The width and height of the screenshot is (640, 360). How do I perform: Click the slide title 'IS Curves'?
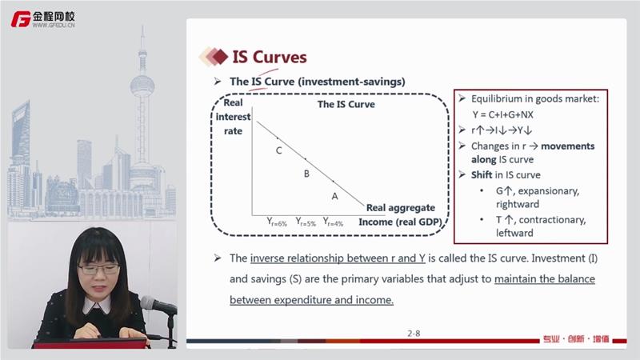[x=270, y=57]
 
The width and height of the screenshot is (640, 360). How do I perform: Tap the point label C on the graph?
[x=278, y=150]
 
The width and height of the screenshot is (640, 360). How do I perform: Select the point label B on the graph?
[x=306, y=174]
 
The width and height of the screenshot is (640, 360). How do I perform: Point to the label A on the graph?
[x=334, y=196]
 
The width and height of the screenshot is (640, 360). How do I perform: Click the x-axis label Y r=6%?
[x=277, y=222]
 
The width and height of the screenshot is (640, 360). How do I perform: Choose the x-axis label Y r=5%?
[x=306, y=222]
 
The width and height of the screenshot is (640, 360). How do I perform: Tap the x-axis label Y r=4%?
[x=333, y=222]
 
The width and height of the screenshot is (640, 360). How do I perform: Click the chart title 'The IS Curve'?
[x=346, y=105]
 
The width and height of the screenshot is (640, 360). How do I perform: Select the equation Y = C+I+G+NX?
[x=503, y=114]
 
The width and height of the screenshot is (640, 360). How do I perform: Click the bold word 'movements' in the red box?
[x=568, y=146]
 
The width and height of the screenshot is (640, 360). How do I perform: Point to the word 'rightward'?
[x=518, y=204]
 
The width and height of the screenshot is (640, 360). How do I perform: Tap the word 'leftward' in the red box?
[x=514, y=233]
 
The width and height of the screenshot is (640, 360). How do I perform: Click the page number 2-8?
[x=414, y=334]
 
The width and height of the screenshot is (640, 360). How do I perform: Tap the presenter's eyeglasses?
[x=98, y=269]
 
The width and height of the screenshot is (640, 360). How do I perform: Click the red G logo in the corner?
[x=21, y=19]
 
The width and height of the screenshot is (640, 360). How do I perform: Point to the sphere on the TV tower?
[x=142, y=86]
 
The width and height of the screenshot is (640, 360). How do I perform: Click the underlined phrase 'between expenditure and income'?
[x=311, y=300]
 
